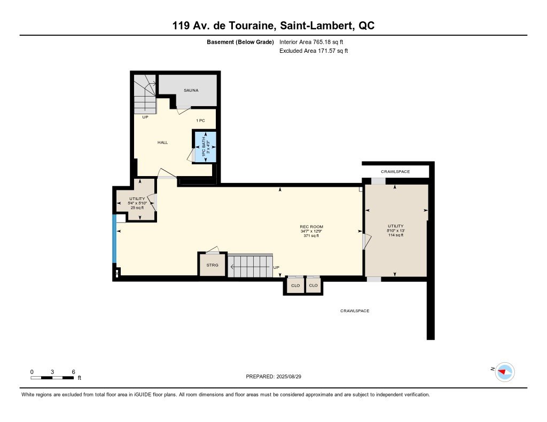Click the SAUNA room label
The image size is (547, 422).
coord(191,90)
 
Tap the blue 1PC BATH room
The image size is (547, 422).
coord(206,147)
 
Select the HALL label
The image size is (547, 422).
coord(162,142)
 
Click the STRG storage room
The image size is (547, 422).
coord(212,265)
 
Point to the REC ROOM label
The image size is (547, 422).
coord(311,227)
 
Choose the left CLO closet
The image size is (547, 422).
coord(295,286)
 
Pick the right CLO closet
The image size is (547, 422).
coord(314,285)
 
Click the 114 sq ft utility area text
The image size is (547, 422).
coord(396,235)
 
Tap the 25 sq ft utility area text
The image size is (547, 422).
coord(137,208)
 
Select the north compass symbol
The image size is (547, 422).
coord(505,372)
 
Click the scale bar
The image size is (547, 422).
coord(52,378)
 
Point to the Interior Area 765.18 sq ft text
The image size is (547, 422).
coord(311,42)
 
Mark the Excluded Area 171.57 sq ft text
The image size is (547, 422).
coord(314,51)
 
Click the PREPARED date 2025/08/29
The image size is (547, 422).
coord(273,377)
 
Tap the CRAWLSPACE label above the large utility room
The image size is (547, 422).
coord(395,172)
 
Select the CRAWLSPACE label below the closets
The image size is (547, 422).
coord(355,311)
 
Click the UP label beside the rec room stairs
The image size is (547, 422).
coord(276,268)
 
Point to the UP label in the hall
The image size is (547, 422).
coord(145,117)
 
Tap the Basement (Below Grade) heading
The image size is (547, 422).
coord(240,42)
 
